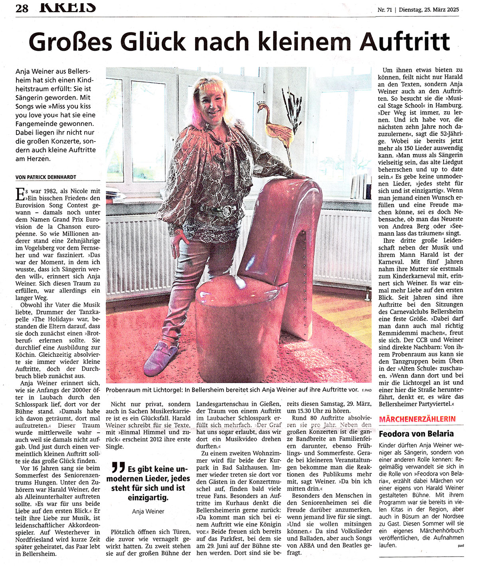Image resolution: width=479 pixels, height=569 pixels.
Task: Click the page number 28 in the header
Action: (22, 8)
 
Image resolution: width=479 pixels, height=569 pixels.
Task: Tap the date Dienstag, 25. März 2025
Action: (428, 10)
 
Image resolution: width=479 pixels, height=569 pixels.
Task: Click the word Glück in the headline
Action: (156, 42)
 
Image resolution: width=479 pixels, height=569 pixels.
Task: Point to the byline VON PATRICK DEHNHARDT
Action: (46, 177)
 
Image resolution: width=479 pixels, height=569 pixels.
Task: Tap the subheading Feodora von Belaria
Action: (410, 434)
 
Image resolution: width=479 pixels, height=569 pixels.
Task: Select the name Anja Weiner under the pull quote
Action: (148, 511)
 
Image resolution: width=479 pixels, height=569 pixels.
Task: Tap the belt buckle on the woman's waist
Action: (227, 211)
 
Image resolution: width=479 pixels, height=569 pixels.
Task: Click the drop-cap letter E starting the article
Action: (19, 194)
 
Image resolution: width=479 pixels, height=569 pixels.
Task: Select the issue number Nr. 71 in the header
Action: (385, 10)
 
